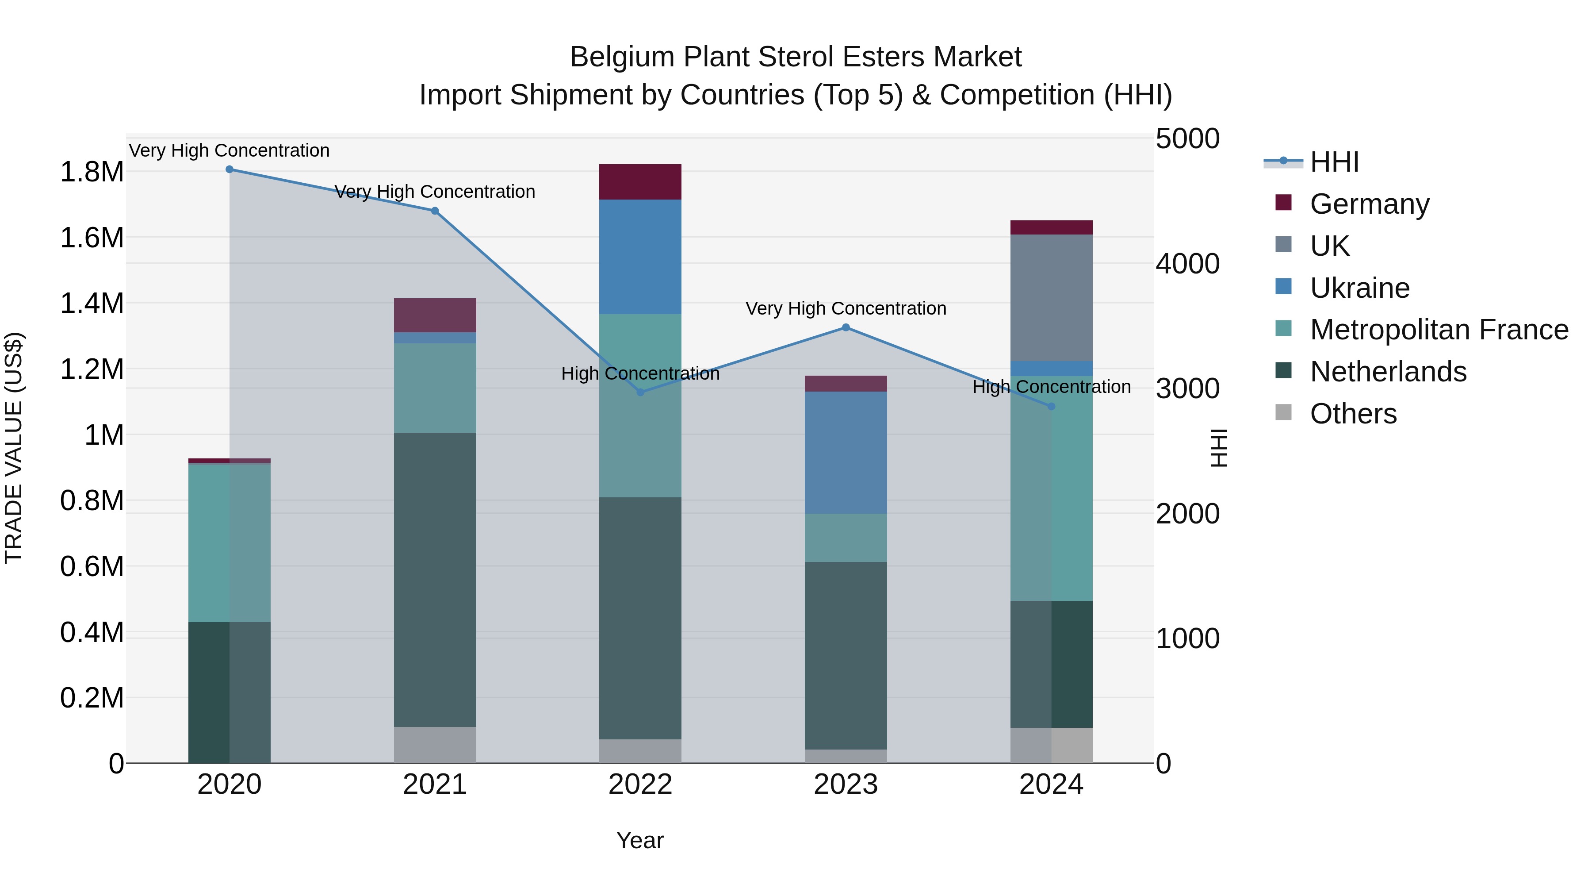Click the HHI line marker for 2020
coord(229,169)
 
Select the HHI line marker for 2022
coord(640,392)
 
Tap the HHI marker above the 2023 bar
coord(846,328)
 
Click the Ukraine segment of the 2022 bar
coord(640,257)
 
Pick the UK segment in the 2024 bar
coord(1051,298)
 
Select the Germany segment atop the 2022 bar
coord(640,182)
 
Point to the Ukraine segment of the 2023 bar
coord(846,453)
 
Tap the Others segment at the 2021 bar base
coord(435,745)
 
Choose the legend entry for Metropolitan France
coord(1439,330)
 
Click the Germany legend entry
coord(1370,204)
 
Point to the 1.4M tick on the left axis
coord(92,304)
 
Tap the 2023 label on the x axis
coord(846,784)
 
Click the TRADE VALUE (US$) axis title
coord(14,448)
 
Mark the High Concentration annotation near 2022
coord(640,373)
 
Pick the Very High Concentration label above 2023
coord(846,308)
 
